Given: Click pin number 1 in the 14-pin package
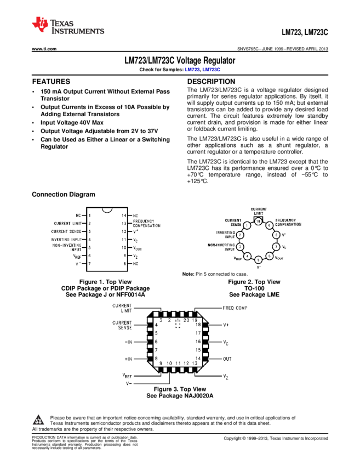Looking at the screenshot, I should pyautogui.click(x=89, y=215).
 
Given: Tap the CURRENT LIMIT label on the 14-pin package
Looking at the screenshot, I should pyautogui.click(x=68, y=224).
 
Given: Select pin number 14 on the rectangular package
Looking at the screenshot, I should pyautogui.click(x=124, y=215).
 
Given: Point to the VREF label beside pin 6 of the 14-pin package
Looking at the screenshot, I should pyautogui.click(x=78, y=256).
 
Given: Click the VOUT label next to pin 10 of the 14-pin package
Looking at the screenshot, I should pyautogui.click(x=137, y=248).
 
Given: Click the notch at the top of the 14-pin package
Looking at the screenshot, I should pyautogui.click(x=107, y=209).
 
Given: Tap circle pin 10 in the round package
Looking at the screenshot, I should pyautogui.click(x=258, y=221).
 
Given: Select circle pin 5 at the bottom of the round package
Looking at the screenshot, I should pyautogui.click(x=258, y=260).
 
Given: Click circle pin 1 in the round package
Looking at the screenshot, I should pyautogui.click(x=247, y=225).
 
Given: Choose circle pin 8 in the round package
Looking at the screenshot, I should pyautogui.click(x=276, y=235).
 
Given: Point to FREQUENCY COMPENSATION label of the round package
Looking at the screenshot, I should pyautogui.click(x=288, y=223).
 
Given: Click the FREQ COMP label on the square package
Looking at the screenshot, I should pyautogui.click(x=235, y=308).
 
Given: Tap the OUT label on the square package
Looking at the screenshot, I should pyautogui.click(x=227, y=359).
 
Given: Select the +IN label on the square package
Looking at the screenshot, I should pyautogui.click(x=129, y=359).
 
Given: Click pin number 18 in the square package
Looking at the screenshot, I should pyautogui.click(x=198, y=325).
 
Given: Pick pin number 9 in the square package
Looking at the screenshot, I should pyautogui.click(x=161, y=363).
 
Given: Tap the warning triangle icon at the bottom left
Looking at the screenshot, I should pyautogui.click(x=38, y=420).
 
